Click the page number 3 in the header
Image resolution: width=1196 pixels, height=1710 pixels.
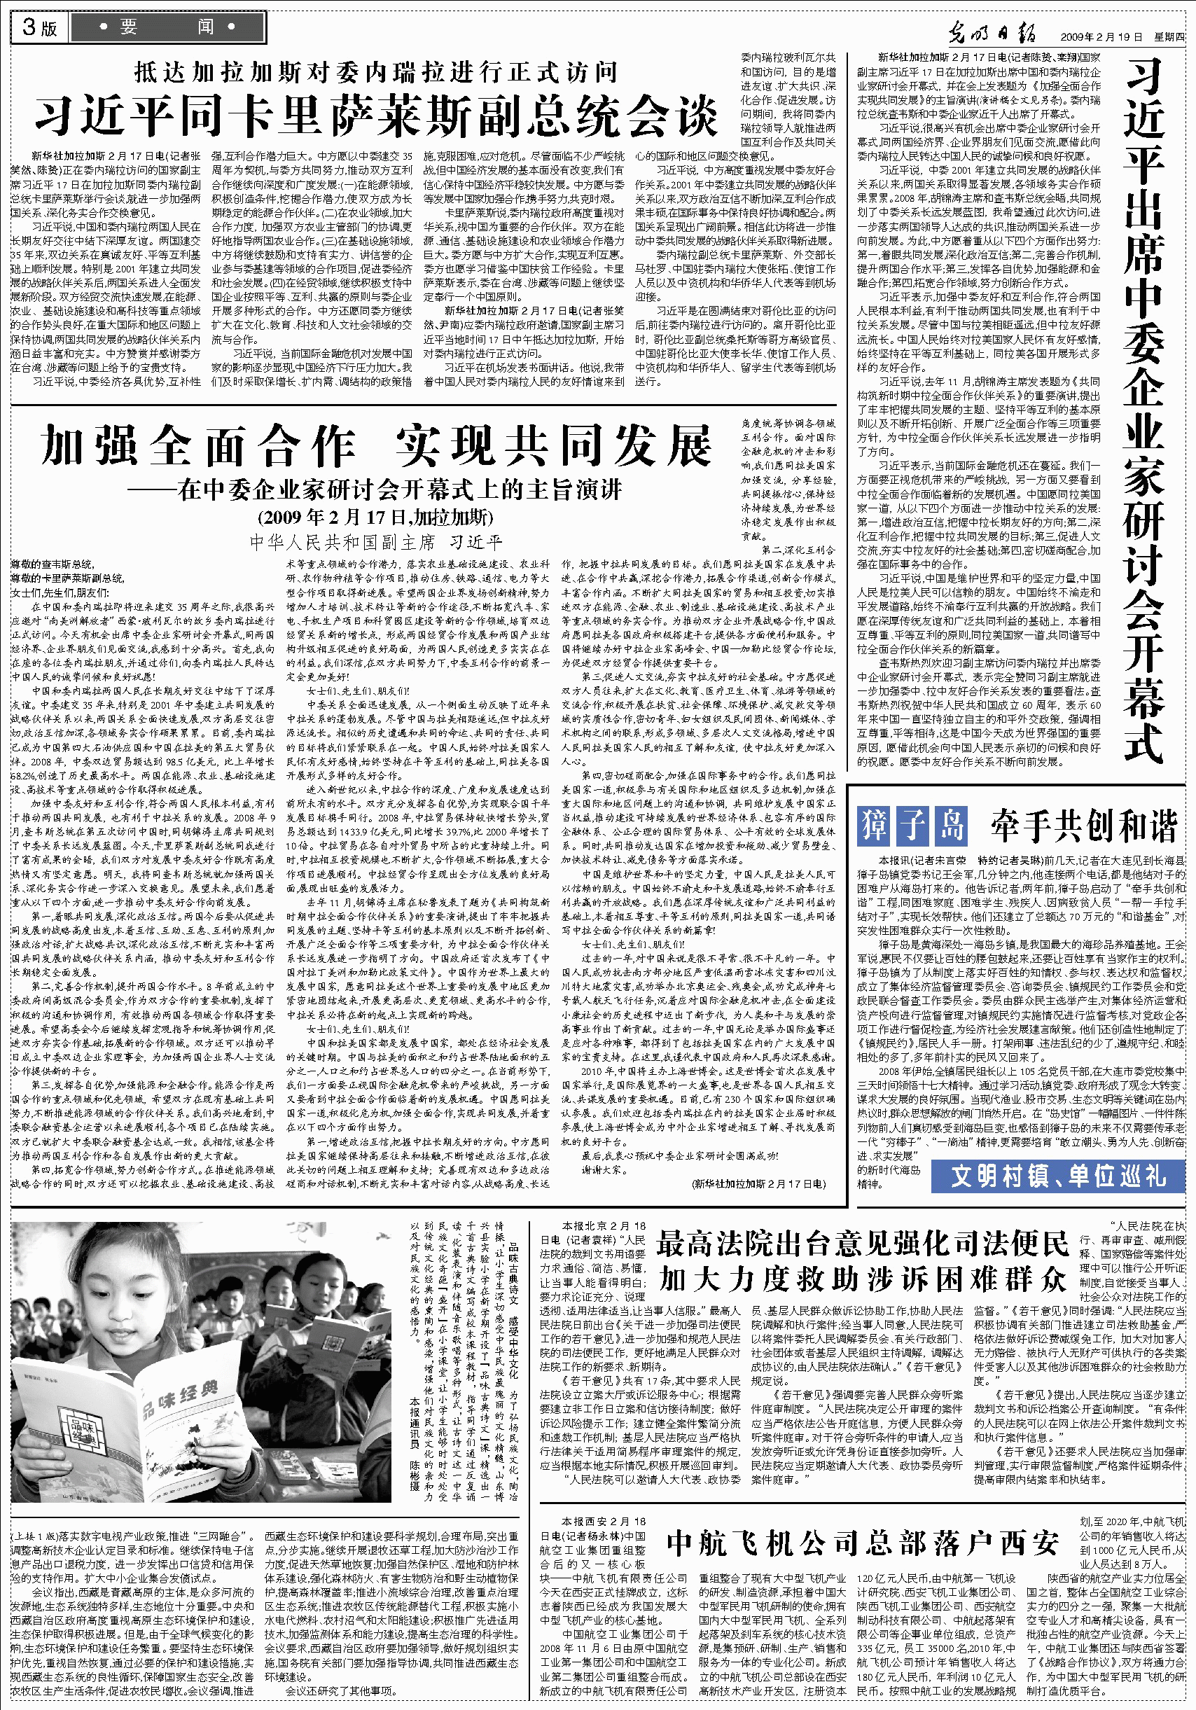29,27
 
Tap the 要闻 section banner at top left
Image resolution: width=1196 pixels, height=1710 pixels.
167,27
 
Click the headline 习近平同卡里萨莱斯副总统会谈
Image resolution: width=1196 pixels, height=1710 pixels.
375,116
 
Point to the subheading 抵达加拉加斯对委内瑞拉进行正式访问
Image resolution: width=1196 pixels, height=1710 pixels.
375,72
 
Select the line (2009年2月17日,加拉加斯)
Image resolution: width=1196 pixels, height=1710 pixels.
375,516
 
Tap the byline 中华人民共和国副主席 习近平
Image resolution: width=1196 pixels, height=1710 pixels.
375,541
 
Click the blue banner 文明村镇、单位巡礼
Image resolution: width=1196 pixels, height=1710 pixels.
1057,1176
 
